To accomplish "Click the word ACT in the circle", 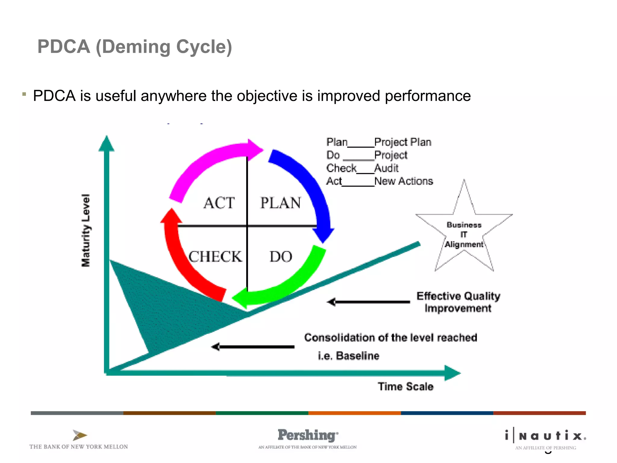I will pyautogui.click(x=219, y=203).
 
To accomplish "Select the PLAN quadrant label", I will pyautogui.click(x=280, y=203).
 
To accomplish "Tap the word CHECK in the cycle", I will pyautogui.click(x=215, y=257).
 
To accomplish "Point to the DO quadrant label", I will pyautogui.click(x=280, y=257).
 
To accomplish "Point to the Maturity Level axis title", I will pyautogui.click(x=86, y=230).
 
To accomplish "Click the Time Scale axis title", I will pyautogui.click(x=406, y=386).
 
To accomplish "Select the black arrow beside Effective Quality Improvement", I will pyautogui.click(x=369, y=302).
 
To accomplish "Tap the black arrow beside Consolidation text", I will pyautogui.click(x=253, y=347).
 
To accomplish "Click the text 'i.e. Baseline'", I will pyautogui.click(x=349, y=356).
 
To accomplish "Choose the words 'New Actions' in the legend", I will pyautogui.click(x=403, y=181).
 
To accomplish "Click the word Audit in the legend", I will pyautogui.click(x=386, y=168).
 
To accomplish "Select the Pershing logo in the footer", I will pyautogui.click(x=308, y=435).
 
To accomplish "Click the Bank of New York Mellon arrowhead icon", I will pyautogui.click(x=80, y=435).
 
